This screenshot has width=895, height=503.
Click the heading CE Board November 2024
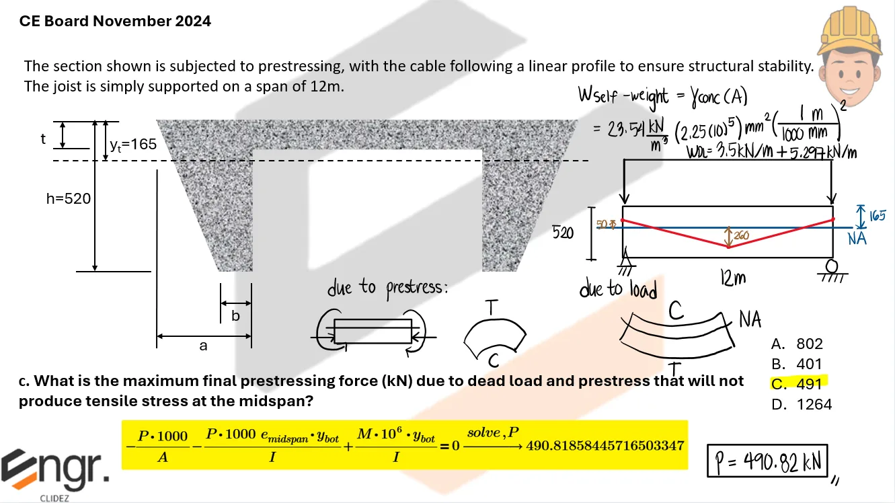coord(115,21)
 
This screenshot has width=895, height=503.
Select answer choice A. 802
coord(797,344)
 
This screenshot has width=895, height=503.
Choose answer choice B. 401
coord(797,364)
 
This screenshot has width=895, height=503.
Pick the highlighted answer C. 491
coord(797,384)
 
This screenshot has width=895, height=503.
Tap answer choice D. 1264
coord(802,404)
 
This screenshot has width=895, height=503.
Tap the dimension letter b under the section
coord(235,315)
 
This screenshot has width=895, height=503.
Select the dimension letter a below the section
coord(203,346)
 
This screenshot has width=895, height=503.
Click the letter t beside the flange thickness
coord(43,139)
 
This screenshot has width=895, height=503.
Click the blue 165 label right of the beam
coord(876,216)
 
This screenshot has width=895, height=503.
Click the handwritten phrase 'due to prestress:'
coord(387,288)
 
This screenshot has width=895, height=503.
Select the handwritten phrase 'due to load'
coord(618,288)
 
